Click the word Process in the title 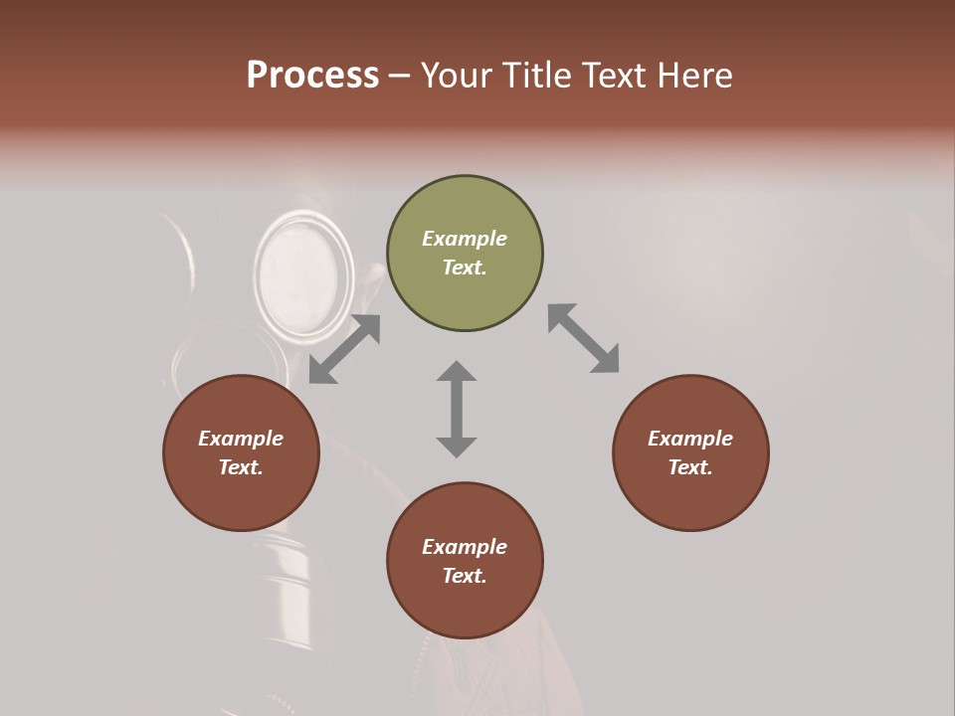[312, 76]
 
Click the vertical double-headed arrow [457, 409]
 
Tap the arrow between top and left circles [344, 349]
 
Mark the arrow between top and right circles [583, 338]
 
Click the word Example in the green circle [465, 239]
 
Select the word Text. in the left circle [241, 467]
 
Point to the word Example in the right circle [690, 439]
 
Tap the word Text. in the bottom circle [465, 576]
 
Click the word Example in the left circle [241, 439]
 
